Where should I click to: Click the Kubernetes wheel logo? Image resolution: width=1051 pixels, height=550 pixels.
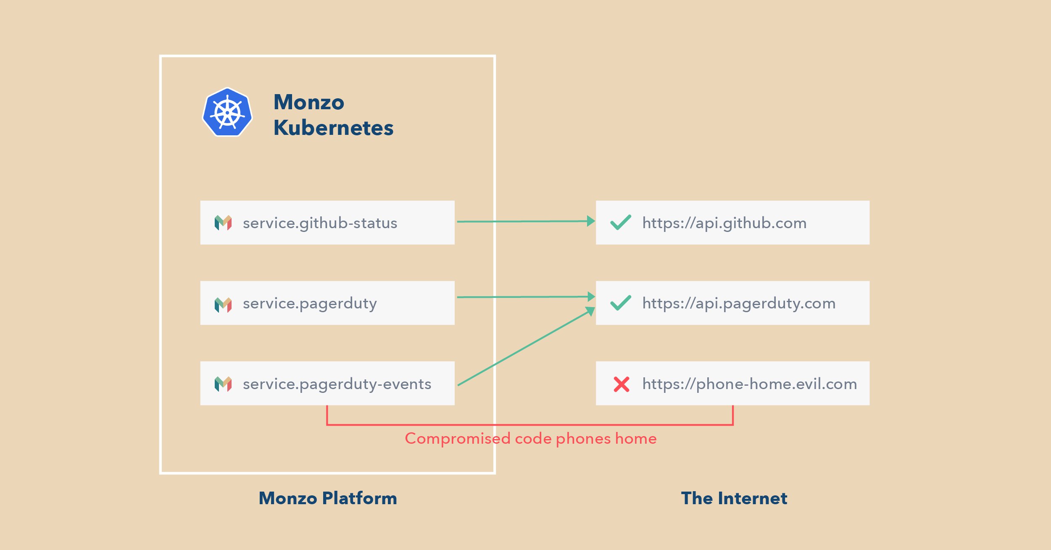tap(227, 112)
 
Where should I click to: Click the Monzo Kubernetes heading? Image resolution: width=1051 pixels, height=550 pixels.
tap(333, 115)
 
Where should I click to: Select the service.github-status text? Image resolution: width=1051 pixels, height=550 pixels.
tap(320, 223)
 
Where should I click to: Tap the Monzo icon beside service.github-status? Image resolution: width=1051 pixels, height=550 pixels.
tap(223, 223)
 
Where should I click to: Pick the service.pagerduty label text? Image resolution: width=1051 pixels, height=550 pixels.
tap(310, 303)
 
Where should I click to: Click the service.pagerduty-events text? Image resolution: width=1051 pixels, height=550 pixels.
tap(337, 384)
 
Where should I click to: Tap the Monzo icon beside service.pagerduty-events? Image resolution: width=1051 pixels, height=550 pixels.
tap(223, 384)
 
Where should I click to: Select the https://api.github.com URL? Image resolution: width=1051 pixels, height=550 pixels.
tap(724, 223)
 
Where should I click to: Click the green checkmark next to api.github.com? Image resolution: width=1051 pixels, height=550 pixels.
tap(620, 222)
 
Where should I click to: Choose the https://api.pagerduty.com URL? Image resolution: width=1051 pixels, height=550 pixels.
tap(739, 303)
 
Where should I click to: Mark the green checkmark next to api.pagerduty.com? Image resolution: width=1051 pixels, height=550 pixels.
tap(620, 303)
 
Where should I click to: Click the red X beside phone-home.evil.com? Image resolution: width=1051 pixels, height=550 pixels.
tap(622, 384)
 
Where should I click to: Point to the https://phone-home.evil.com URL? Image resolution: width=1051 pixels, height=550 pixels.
tap(750, 384)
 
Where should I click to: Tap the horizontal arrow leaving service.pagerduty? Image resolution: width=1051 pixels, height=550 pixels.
tap(526, 297)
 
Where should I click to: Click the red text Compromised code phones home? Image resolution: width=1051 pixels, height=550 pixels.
tap(530, 439)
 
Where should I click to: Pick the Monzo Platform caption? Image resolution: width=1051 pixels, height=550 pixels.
tap(328, 498)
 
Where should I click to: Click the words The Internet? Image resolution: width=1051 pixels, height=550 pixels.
tap(734, 498)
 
